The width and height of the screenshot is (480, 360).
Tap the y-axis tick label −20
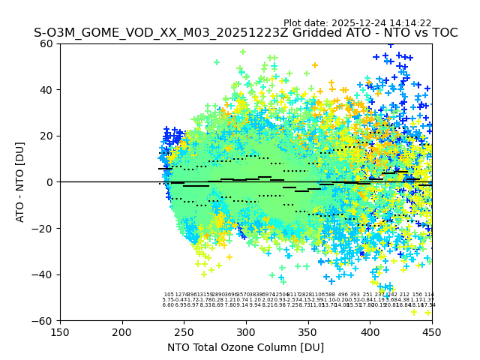click(44, 228)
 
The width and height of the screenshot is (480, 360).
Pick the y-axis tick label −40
click(44, 274)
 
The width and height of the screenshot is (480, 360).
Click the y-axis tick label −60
click(44, 320)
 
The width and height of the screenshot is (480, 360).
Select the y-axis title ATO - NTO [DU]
click(21, 182)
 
